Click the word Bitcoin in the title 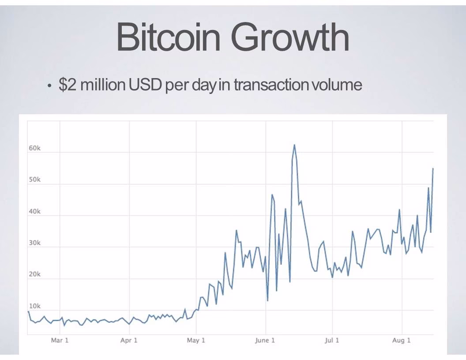point(168,37)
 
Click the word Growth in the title point(290,37)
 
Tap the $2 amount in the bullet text point(68,85)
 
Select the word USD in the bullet point(145,85)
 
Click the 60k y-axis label point(34,148)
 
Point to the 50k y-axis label point(34,180)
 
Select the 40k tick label point(34,211)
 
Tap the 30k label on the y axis point(34,243)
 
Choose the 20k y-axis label point(34,274)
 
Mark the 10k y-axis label point(34,306)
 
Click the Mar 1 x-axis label point(60,341)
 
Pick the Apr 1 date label point(129,341)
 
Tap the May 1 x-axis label point(196,341)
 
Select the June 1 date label point(265,341)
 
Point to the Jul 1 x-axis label point(332,341)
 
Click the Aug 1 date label point(401,341)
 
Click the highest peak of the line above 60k point(294,145)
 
